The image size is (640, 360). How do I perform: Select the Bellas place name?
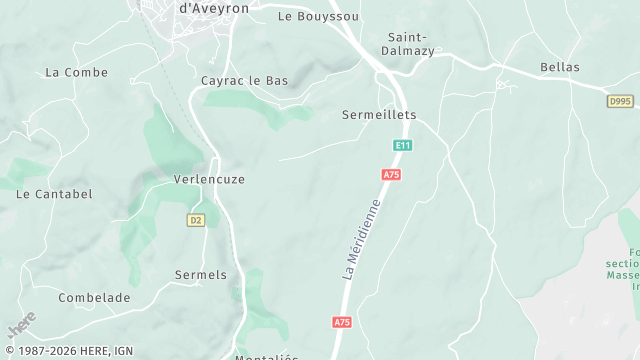click(x=560, y=67)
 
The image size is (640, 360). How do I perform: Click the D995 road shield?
click(x=620, y=101)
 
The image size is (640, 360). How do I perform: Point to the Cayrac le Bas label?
click(x=244, y=81)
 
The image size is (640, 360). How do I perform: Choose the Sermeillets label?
click(x=379, y=115)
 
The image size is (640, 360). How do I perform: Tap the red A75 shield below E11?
click(x=391, y=175)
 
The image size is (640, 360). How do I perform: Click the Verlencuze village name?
click(x=209, y=179)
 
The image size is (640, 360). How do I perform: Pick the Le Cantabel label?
click(x=54, y=194)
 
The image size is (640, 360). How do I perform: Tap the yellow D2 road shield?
click(x=195, y=220)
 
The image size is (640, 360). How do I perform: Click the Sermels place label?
click(x=201, y=274)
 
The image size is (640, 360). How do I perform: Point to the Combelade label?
click(x=94, y=298)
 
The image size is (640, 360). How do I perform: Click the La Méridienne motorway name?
click(x=362, y=238)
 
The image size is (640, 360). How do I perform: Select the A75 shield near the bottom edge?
click(x=342, y=322)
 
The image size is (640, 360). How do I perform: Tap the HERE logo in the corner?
click(x=21, y=325)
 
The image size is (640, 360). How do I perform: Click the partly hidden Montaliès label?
click(x=267, y=356)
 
